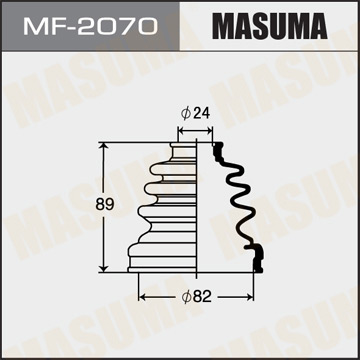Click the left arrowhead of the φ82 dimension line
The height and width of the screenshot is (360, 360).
(x=141, y=297)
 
